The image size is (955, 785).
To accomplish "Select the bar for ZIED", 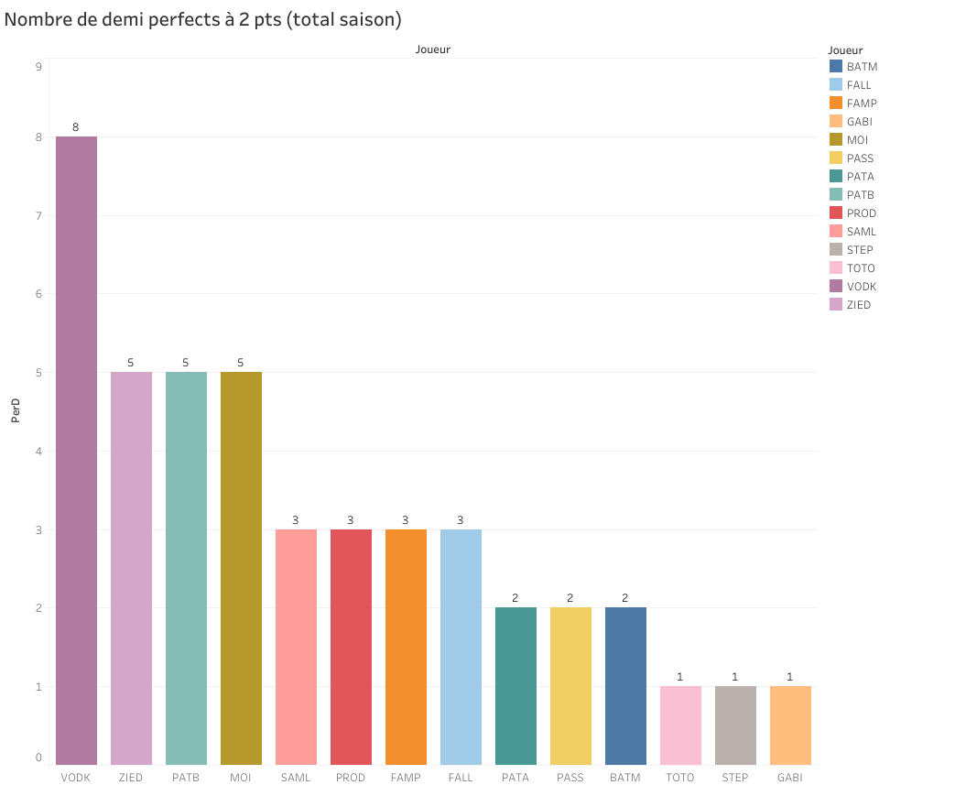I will tap(131, 568).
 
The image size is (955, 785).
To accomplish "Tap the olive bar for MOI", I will tap(241, 568).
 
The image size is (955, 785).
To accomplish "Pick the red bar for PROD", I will tap(351, 647).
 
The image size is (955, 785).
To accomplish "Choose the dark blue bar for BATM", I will tap(625, 686).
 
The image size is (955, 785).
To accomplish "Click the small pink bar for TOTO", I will tap(680, 725).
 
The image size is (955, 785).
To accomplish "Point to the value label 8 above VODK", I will tap(76, 127).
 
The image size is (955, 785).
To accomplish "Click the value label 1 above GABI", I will tap(790, 677).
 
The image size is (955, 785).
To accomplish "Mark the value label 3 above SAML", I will tap(296, 520).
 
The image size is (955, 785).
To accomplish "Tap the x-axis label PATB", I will tap(186, 778).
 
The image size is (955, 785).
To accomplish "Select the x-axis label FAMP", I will tap(406, 778).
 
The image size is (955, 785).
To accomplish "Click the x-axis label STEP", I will tap(735, 778).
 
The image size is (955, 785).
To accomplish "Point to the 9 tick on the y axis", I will tap(38, 67).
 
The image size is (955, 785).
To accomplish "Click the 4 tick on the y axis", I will tap(38, 451).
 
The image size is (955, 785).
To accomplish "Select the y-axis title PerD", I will tap(16, 411).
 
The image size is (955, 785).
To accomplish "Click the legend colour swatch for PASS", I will tap(835, 158).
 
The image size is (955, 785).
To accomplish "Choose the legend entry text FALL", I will tap(859, 85).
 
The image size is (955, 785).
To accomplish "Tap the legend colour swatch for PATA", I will tap(835, 177).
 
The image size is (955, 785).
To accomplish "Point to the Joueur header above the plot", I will tap(433, 49).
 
